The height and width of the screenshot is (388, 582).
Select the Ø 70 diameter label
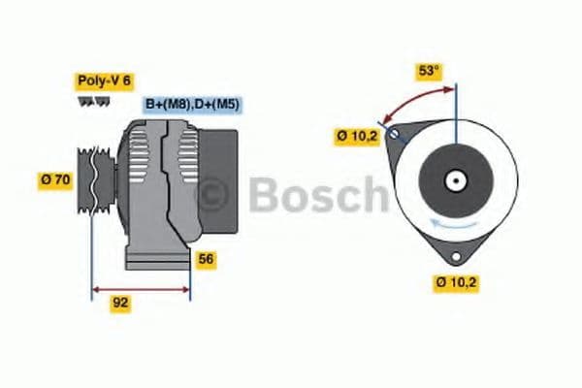point(56,179)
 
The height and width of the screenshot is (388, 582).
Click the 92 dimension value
point(121,303)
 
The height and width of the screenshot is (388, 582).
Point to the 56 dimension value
point(206,259)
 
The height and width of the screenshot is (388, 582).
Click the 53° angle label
point(429,72)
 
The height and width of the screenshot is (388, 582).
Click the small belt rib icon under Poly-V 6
point(94,100)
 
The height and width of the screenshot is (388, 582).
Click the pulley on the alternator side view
point(97,179)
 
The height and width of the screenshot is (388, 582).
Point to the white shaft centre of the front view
point(455,180)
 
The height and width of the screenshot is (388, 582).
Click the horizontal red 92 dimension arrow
point(141,288)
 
